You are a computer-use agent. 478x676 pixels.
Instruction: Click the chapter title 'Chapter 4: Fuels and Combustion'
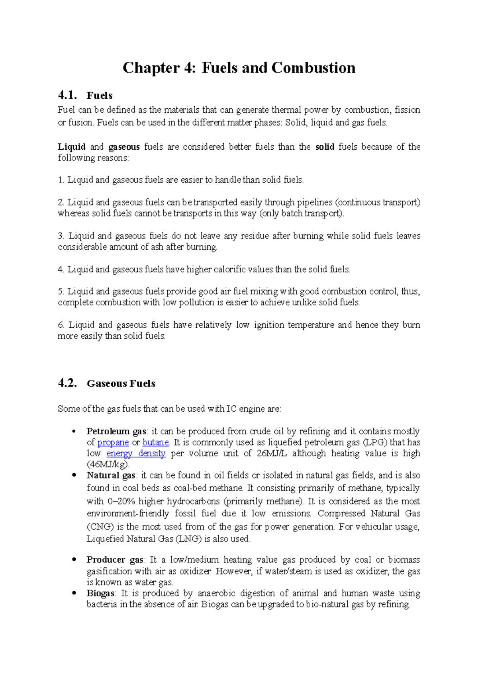click(x=239, y=68)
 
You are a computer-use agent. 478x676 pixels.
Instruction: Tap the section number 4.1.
click(x=67, y=95)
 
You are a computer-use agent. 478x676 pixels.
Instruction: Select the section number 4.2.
click(x=67, y=383)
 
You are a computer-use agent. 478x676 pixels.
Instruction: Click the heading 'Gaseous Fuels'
click(x=121, y=383)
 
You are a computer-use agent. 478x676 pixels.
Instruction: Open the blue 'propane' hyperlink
click(x=113, y=442)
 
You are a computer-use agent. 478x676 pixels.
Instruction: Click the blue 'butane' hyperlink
click(x=156, y=442)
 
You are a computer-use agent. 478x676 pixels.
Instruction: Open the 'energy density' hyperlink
click(x=136, y=453)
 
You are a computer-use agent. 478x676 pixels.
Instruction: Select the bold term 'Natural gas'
click(x=111, y=475)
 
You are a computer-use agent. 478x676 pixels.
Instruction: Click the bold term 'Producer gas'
click(x=115, y=560)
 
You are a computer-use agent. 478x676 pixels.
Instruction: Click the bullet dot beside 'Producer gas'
click(x=74, y=559)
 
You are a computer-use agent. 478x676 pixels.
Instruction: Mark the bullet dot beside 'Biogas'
click(x=74, y=593)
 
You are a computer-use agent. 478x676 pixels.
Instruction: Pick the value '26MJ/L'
click(x=272, y=453)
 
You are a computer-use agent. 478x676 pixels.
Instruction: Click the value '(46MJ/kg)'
click(x=108, y=464)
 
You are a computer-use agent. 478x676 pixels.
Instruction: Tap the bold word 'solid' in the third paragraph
click(x=325, y=147)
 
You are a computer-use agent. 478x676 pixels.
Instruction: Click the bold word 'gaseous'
click(x=124, y=147)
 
